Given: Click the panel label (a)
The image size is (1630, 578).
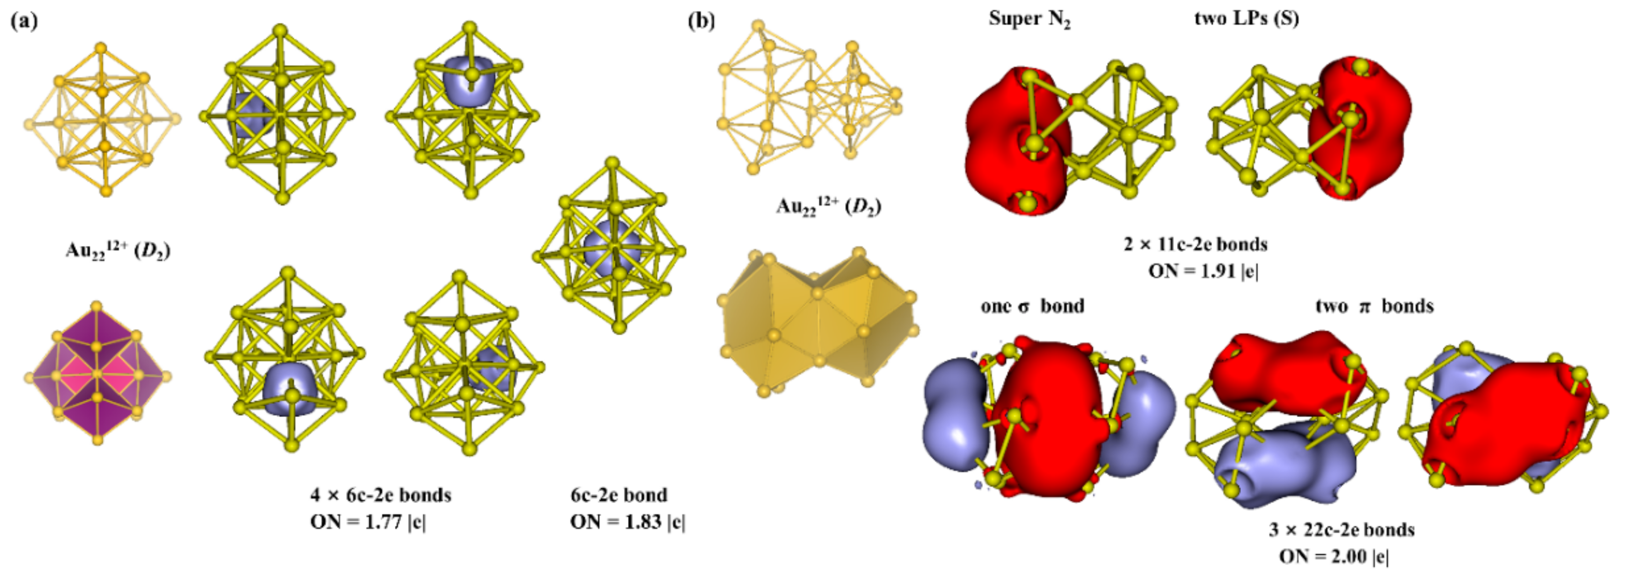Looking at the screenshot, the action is pyautogui.click(x=24, y=21).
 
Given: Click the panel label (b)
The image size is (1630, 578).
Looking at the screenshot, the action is pyautogui.click(x=701, y=21).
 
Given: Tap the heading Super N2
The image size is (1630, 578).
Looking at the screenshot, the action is pyautogui.click(x=1029, y=19).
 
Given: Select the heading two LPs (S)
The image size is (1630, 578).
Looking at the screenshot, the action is pyautogui.click(x=1247, y=19).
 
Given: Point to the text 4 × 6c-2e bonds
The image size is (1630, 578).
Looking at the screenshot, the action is pyautogui.click(x=380, y=494).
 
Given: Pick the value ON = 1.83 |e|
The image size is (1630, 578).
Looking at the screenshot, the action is pyautogui.click(x=627, y=522).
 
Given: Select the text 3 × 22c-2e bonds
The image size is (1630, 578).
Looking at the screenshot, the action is pyautogui.click(x=1342, y=530).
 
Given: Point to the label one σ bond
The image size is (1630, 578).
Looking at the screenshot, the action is pyautogui.click(x=1032, y=306).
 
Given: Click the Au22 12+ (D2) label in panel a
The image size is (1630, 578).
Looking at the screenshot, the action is pyautogui.click(x=118, y=251).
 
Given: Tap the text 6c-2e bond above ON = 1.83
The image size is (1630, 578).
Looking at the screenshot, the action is pyautogui.click(x=619, y=494).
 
